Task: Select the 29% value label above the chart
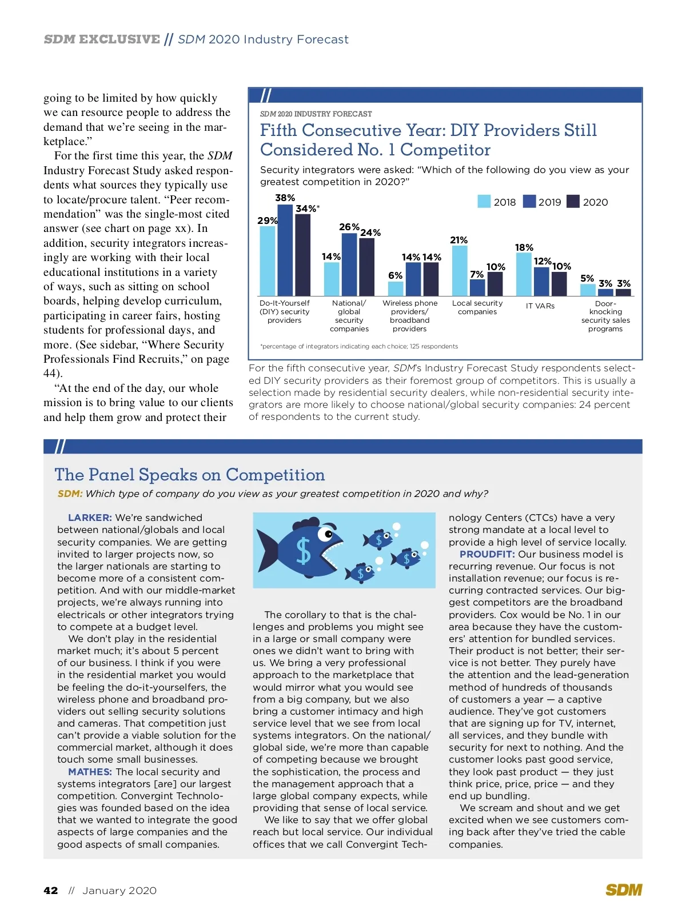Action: click(x=267, y=221)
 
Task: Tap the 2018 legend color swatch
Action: click(x=484, y=202)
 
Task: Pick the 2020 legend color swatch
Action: click(x=573, y=202)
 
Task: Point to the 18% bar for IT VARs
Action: click(x=524, y=274)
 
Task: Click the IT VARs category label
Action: click(x=540, y=306)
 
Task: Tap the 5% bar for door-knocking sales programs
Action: click(x=588, y=290)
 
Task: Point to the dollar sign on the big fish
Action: click(x=303, y=552)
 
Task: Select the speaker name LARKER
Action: click(x=90, y=518)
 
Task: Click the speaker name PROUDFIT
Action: click(x=487, y=555)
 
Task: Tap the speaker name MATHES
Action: click(x=90, y=772)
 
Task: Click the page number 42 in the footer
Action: click(x=51, y=891)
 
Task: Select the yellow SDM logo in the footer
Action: click(x=624, y=890)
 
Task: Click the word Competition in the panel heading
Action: click(x=275, y=475)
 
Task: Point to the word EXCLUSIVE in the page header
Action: click(x=119, y=39)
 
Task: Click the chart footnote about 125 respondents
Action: click(x=359, y=346)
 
